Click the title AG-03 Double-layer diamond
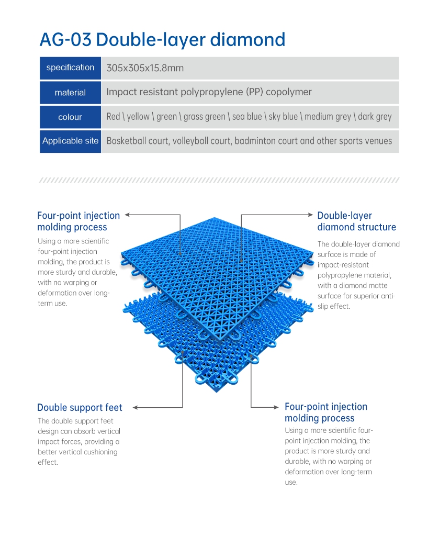click(x=162, y=40)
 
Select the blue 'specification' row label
click(x=71, y=68)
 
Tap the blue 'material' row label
click(x=71, y=93)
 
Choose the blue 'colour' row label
click(x=71, y=117)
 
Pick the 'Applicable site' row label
click(x=71, y=141)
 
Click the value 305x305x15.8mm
click(x=145, y=68)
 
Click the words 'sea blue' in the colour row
click(x=247, y=117)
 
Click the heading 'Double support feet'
click(x=80, y=407)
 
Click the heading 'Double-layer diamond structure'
click(x=357, y=221)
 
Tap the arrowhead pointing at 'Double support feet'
click(x=136, y=407)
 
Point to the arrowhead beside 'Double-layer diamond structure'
click(x=310, y=215)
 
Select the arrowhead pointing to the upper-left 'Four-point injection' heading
click(x=128, y=215)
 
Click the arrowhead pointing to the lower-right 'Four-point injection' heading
click(x=276, y=407)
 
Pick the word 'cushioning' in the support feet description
click(x=101, y=452)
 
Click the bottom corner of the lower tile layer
click(x=216, y=392)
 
